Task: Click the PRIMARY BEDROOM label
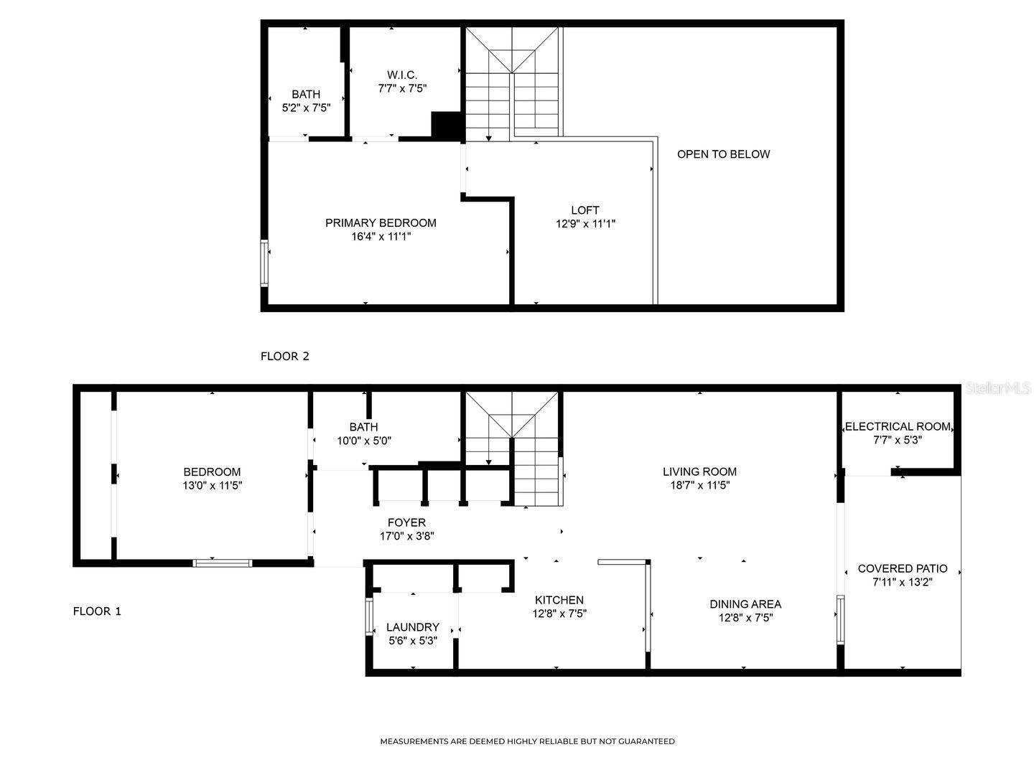(381, 223)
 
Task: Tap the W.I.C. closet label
(402, 75)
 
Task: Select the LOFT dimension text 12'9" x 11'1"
(585, 224)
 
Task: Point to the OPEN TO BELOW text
(723, 154)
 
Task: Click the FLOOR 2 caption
(285, 356)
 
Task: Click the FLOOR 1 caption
(98, 611)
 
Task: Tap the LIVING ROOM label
(699, 471)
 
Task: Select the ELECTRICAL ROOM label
(898, 426)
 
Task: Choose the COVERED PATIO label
(903, 569)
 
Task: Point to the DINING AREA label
(745, 604)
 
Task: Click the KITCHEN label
(559, 600)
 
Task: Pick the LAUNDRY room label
(413, 627)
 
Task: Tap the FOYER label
(406, 522)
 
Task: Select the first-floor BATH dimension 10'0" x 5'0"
(364, 441)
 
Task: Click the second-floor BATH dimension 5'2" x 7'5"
(306, 108)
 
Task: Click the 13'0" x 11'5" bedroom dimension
(212, 485)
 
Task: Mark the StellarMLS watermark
(998, 388)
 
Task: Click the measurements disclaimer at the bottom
(527, 741)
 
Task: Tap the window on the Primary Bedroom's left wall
(265, 263)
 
